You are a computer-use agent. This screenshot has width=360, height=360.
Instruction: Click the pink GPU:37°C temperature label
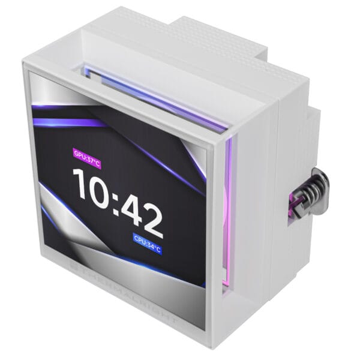pyautogui.click(x=87, y=154)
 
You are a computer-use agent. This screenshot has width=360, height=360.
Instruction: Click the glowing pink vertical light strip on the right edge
pyautogui.click(x=226, y=216)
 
